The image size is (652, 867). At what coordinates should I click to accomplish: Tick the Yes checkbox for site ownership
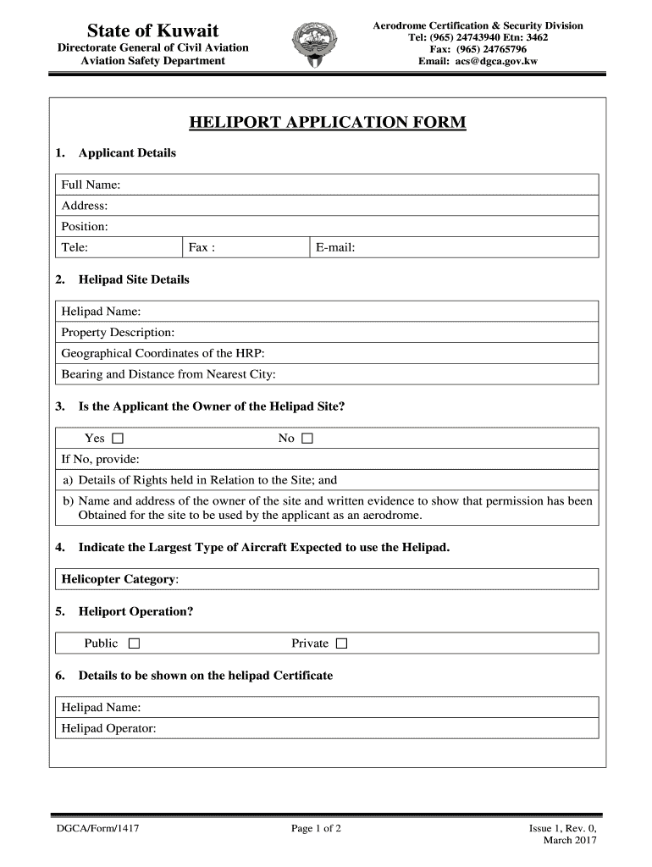coord(118,439)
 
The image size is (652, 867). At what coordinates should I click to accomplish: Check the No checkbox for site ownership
coord(307,439)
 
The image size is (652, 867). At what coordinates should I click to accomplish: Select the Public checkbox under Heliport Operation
coord(134,644)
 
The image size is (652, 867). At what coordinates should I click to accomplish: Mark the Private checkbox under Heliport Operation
coord(341,644)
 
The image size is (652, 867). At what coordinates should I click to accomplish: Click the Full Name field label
coord(91,185)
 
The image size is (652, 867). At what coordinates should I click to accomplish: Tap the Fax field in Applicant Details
coord(246,247)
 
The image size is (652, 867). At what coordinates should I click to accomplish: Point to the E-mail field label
coord(335,247)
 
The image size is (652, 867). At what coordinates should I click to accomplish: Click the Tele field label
coord(75,247)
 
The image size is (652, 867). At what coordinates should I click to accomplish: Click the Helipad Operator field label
coord(108,728)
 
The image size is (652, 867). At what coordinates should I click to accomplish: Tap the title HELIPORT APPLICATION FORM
coord(327,124)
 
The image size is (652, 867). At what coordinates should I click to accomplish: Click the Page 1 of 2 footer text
coord(316,828)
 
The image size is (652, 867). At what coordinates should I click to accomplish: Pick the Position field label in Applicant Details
coord(85,227)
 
